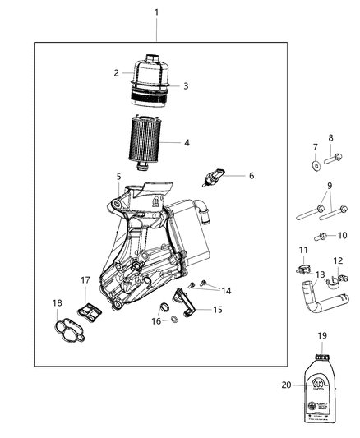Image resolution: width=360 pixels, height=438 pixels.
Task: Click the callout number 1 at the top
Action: (157, 13)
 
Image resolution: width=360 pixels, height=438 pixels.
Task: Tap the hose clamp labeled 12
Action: (333, 283)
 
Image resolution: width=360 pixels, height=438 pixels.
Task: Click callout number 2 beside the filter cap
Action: (117, 72)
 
